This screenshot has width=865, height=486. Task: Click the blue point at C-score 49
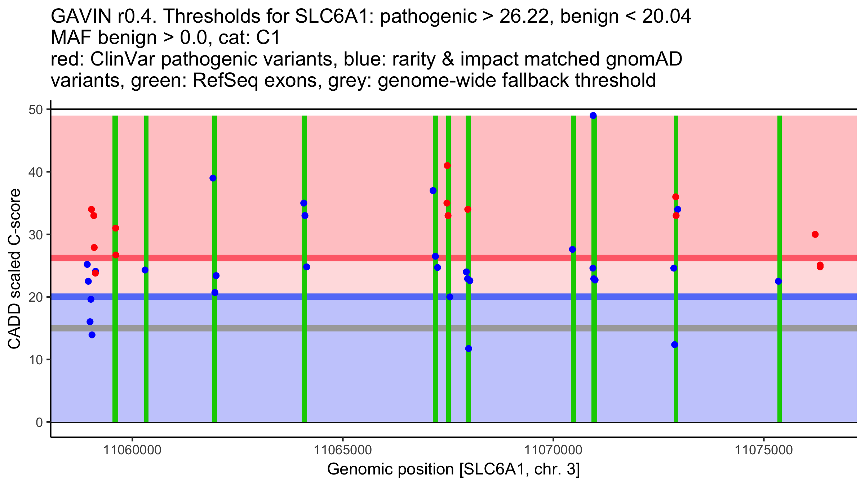point(593,116)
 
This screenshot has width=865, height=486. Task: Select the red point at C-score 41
point(447,166)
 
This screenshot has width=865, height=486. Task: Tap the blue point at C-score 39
point(213,178)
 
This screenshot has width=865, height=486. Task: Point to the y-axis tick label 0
point(39,422)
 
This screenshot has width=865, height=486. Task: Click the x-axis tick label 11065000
point(342,450)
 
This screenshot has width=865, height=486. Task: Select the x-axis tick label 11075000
point(763,450)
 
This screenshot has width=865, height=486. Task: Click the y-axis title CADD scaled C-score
point(14,269)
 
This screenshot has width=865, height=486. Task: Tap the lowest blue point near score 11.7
point(469,348)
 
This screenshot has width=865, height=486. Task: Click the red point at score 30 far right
point(815,234)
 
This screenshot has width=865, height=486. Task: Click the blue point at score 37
point(433,190)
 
